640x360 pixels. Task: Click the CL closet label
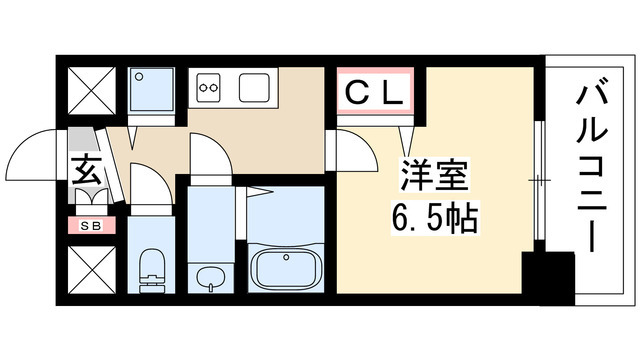tap(375, 94)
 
